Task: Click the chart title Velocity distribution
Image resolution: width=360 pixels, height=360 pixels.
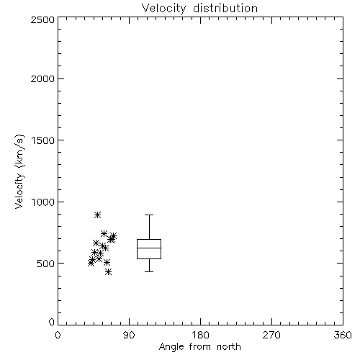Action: pos(199,9)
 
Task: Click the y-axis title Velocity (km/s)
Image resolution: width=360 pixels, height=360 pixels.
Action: pos(19,171)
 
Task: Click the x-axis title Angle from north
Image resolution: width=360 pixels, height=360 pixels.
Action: pos(200,346)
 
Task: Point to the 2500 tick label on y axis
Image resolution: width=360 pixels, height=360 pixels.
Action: pos(42,19)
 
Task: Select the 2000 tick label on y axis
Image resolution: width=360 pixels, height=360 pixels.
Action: pos(42,78)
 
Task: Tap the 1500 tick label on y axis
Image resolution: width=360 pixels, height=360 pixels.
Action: pos(43,140)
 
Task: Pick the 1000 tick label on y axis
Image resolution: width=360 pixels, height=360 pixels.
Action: pos(43,202)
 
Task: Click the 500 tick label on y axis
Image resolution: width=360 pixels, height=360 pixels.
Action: pos(46,264)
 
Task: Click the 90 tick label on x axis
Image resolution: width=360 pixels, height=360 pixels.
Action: pos(129,335)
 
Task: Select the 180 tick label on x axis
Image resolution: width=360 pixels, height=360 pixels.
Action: pos(200,335)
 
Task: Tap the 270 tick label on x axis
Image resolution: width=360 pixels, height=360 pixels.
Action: pos(271,335)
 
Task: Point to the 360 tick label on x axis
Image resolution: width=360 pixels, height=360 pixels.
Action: pos(343,335)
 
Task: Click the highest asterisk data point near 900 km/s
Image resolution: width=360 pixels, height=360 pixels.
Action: pos(97,215)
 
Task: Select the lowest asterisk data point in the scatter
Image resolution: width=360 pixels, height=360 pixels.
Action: pos(109,272)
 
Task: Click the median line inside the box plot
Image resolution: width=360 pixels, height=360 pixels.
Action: pos(149,248)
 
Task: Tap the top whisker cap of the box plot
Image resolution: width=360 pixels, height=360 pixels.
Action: pos(149,215)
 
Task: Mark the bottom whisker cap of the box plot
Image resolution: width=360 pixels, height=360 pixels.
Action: pos(149,271)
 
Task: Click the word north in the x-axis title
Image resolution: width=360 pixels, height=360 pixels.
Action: pos(229,346)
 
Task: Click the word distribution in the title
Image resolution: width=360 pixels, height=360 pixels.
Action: pos(225,8)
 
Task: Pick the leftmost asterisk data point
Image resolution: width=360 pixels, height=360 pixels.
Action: pos(91,263)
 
